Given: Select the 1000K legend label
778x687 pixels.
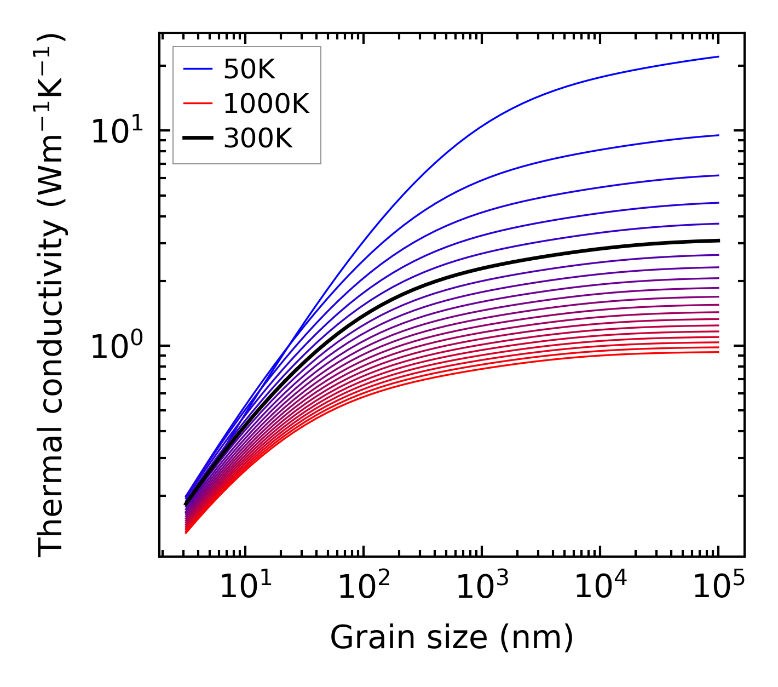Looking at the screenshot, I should tap(266, 104).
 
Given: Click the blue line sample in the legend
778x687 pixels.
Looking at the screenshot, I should tap(197, 69).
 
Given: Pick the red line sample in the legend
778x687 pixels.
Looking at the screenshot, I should tap(197, 104).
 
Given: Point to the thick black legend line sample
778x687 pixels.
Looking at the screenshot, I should tap(197, 139).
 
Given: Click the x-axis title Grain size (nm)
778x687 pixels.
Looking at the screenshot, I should tap(452, 638).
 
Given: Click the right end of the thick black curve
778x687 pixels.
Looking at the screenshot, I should tap(718, 241).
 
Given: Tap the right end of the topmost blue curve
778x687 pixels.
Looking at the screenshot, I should tap(718, 56).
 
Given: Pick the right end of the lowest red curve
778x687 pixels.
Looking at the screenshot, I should tap(718, 352).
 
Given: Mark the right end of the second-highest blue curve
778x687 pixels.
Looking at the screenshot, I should tap(718, 135).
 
